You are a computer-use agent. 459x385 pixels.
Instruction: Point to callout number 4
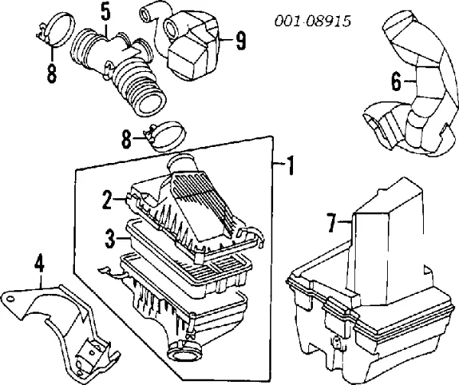(41, 266)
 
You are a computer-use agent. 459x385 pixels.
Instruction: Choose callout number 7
(331, 224)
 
